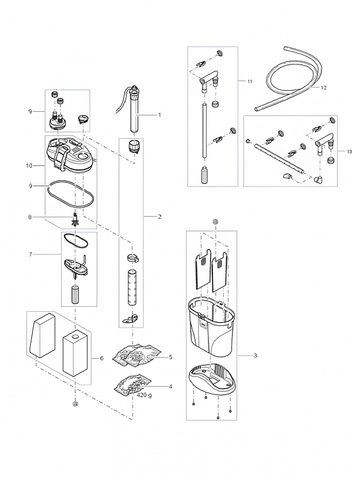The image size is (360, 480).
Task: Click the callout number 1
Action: [159, 115]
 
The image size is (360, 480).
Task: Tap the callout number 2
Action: [159, 217]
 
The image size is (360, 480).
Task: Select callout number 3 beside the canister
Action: [255, 355]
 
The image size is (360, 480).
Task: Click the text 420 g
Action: [144, 395]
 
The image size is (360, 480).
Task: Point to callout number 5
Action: [171, 357]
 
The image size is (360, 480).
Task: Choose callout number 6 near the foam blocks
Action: [102, 358]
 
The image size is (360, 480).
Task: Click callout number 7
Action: [30, 254]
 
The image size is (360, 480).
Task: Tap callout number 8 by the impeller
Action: [29, 217]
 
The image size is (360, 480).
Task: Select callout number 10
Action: [29, 166]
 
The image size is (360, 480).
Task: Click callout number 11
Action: [250, 81]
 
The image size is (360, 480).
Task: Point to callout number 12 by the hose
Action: [324, 88]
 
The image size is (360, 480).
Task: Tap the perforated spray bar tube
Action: [279, 159]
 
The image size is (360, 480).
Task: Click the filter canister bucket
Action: [211, 329]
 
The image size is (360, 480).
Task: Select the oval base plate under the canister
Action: [212, 378]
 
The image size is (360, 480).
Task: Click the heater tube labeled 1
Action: [134, 111]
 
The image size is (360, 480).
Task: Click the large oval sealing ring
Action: [70, 195]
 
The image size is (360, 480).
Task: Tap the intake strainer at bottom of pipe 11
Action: [205, 175]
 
